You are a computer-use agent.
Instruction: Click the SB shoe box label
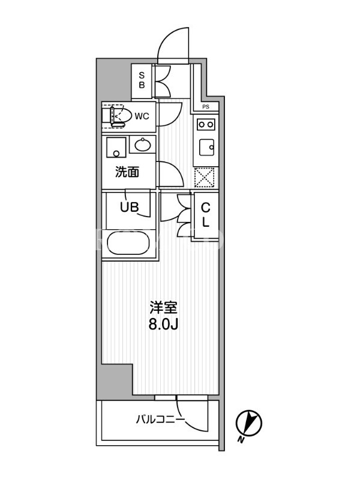click(x=142, y=80)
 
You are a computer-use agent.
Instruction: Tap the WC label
click(x=142, y=116)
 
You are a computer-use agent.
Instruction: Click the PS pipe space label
click(x=206, y=107)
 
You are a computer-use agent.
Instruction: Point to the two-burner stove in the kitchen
click(x=206, y=124)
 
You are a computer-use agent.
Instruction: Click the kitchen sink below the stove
click(x=207, y=148)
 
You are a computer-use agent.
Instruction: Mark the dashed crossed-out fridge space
click(x=205, y=178)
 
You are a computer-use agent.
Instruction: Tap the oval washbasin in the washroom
click(x=143, y=145)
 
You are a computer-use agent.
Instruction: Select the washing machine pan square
click(x=116, y=147)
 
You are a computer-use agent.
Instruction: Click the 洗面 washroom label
click(x=127, y=172)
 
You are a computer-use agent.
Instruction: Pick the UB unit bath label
click(x=129, y=207)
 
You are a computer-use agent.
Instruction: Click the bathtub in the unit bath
click(x=128, y=243)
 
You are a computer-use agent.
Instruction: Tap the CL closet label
click(x=205, y=215)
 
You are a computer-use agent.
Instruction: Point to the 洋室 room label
click(x=163, y=308)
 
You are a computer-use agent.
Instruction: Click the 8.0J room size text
click(x=163, y=325)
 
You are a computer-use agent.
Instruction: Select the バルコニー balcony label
click(x=160, y=419)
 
